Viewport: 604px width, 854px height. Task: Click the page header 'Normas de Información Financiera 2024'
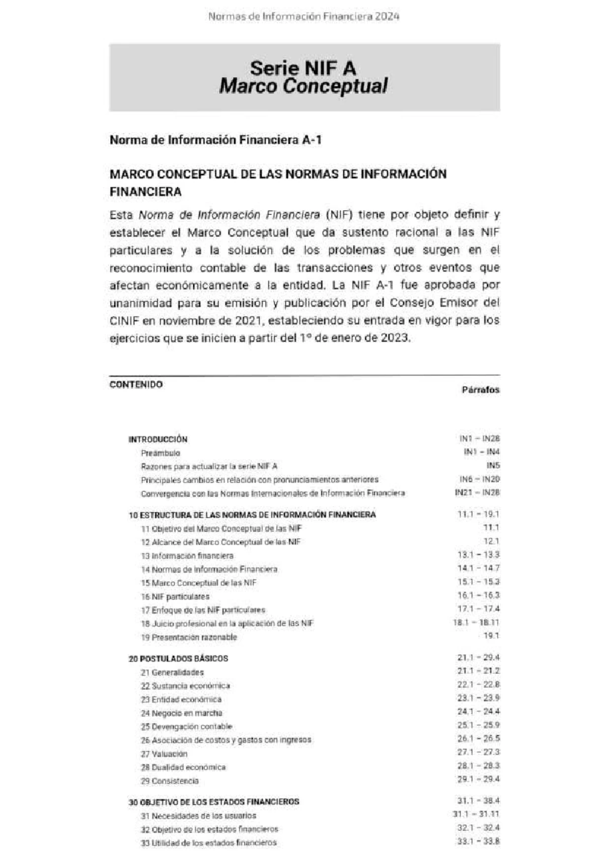pos(304,16)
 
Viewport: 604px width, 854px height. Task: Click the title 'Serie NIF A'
pos(303,68)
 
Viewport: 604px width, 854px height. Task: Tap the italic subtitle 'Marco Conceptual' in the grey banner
pos(303,86)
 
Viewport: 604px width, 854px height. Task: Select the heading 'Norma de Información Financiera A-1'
pos(215,140)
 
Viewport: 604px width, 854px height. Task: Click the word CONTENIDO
pos(136,385)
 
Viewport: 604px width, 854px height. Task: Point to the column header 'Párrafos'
pos(480,390)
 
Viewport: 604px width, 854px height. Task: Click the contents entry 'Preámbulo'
pos(160,453)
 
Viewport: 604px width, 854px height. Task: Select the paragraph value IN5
pos(493,466)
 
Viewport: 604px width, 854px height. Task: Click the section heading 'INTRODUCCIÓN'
pos(158,439)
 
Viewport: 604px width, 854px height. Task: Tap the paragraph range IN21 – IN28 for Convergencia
pos(477,492)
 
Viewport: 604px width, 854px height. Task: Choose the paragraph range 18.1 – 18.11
pos(476,623)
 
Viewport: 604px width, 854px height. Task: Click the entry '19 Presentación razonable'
pos(188,637)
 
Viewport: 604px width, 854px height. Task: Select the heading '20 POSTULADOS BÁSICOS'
pos(178,658)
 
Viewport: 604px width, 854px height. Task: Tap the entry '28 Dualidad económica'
pos(183,767)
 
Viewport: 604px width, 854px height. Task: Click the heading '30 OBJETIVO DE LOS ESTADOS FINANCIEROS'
pos(214,802)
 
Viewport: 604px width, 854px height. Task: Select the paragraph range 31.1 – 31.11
pos(476,814)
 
